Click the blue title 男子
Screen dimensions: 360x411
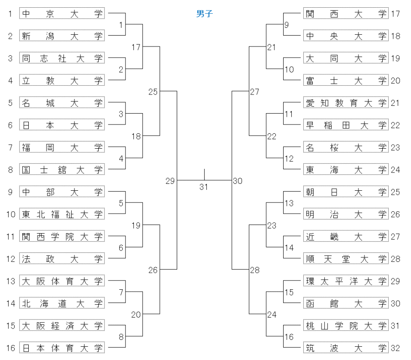tap(204, 14)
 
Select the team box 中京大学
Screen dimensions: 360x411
tap(62, 14)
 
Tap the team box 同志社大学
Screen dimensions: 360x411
tap(62, 58)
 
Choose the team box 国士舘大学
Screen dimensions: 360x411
tap(62, 170)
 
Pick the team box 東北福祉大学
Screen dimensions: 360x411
tap(62, 214)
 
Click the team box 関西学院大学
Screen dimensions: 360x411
tap(62, 236)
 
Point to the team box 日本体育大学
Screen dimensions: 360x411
tap(62, 348)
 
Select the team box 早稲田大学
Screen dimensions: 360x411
tap(346, 125)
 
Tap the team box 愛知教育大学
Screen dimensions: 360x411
tap(346, 103)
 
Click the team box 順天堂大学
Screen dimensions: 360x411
tap(346, 259)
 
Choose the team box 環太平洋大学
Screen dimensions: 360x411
tap(346, 281)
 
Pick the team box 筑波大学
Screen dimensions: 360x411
tap(346, 348)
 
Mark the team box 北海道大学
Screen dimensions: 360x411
tap(62, 303)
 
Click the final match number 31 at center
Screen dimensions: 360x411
tap(204, 186)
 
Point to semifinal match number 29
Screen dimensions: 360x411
tap(170, 181)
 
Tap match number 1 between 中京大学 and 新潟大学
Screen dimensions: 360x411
tap(121, 25)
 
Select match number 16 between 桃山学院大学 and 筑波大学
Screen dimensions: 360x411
tap(289, 337)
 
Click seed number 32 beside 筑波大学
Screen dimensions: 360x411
tap(395, 348)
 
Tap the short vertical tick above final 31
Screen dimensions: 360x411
tap(204, 174)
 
